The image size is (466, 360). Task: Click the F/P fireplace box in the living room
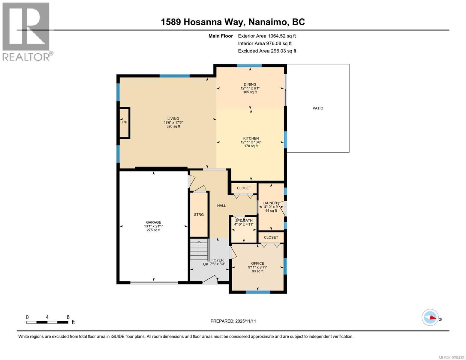coord(125,122)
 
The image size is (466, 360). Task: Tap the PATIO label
coord(318,108)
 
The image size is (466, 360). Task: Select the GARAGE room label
coord(153,222)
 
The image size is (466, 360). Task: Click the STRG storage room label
coord(199,214)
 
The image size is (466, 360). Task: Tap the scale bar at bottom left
coord(47,322)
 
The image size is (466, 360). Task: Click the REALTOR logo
coord(26,31)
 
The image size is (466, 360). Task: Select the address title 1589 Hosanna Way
coord(233,22)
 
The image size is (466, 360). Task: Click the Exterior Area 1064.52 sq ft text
coord(267,36)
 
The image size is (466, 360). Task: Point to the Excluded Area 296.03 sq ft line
coord(267,51)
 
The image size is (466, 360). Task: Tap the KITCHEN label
coord(251,138)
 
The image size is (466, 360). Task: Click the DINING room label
coord(250,84)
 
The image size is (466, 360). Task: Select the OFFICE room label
coord(257,263)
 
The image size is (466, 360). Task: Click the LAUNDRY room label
coord(271,203)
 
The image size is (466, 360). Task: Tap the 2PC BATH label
coord(244,220)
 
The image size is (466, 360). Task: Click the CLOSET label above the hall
coord(244,188)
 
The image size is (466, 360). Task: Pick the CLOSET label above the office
coord(271,237)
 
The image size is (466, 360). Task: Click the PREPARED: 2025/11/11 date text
coord(233,321)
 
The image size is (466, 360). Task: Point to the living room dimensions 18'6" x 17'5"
coord(173,122)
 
